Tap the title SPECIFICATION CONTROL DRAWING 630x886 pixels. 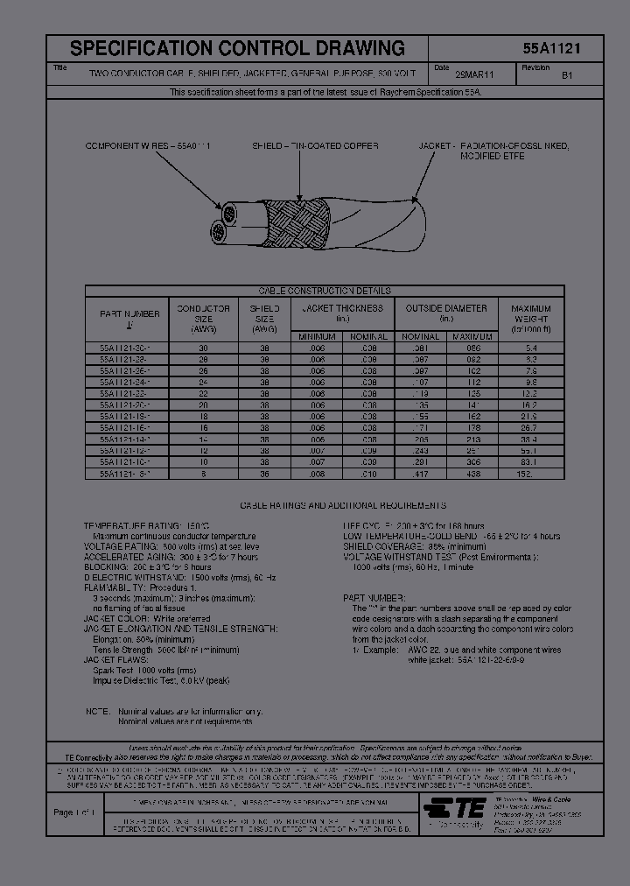coord(237,49)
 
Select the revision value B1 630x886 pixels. coord(566,76)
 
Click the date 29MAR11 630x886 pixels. coord(474,76)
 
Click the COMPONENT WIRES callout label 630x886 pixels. coord(147,145)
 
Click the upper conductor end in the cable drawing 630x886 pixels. coord(228,213)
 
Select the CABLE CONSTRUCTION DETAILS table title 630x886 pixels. coord(337,291)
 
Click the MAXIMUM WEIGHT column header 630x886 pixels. coord(530,319)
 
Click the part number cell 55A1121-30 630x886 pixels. coord(119,348)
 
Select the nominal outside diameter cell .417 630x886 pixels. coord(420,474)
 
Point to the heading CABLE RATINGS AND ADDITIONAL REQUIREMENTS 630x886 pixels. coord(343,505)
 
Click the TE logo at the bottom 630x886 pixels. coord(457,806)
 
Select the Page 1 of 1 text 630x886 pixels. coord(73,812)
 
